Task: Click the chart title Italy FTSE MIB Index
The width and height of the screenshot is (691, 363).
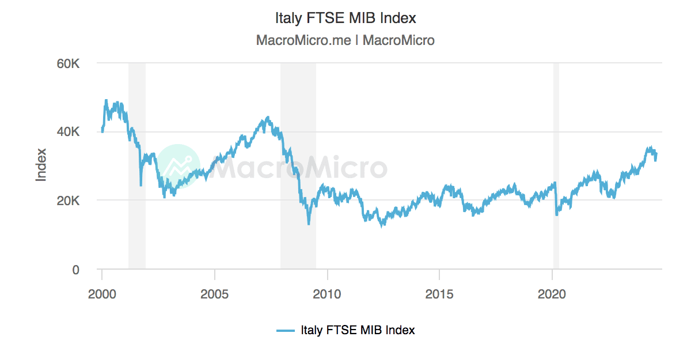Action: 345,18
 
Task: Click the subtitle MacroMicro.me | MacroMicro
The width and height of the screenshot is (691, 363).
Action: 345,40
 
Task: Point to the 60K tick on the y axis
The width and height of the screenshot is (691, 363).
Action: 67,63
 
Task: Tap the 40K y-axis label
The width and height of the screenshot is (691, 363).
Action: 67,132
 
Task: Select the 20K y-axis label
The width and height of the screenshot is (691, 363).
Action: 67,201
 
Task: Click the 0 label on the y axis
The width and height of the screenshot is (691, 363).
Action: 75,270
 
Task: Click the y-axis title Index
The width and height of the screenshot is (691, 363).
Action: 41,166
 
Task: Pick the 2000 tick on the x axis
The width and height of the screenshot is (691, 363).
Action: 102,294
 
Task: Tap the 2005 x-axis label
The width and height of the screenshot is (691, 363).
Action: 215,294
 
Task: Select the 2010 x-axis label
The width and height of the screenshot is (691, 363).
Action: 327,294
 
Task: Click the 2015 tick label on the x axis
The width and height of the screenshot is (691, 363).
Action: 439,294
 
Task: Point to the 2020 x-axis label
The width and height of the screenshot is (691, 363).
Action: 552,294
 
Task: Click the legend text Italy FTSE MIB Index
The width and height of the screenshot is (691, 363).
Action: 358,330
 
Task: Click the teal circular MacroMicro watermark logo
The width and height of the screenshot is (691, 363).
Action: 179,166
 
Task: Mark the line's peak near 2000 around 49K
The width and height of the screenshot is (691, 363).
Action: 106,100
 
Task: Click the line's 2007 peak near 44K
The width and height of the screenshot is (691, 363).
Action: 268,118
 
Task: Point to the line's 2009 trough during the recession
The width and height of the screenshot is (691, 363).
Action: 309,224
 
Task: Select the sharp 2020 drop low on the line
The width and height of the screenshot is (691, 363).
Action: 556,215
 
